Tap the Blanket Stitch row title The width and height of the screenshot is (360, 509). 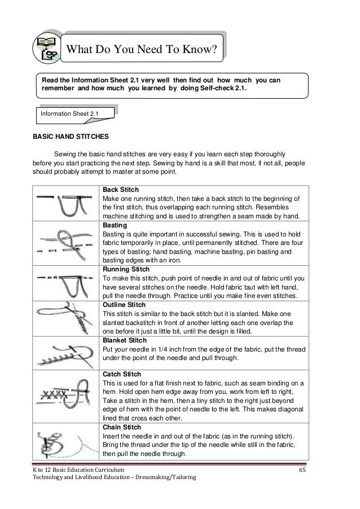click(124, 341)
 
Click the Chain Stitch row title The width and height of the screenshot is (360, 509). click(120, 428)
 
